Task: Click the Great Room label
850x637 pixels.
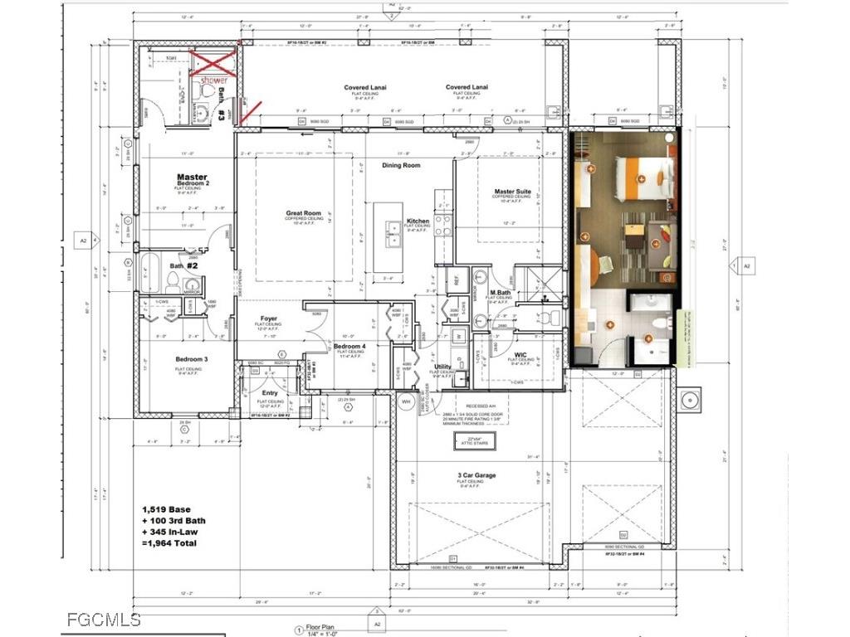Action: click(x=303, y=213)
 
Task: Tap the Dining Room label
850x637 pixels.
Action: click(x=401, y=165)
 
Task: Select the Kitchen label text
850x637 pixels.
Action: click(x=418, y=221)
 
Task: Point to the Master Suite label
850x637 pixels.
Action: click(x=512, y=192)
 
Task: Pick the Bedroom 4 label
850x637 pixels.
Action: click(x=349, y=346)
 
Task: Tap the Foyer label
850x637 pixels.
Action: click(x=269, y=318)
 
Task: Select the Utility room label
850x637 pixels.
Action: click(x=442, y=366)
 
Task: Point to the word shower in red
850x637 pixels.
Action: click(x=212, y=80)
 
